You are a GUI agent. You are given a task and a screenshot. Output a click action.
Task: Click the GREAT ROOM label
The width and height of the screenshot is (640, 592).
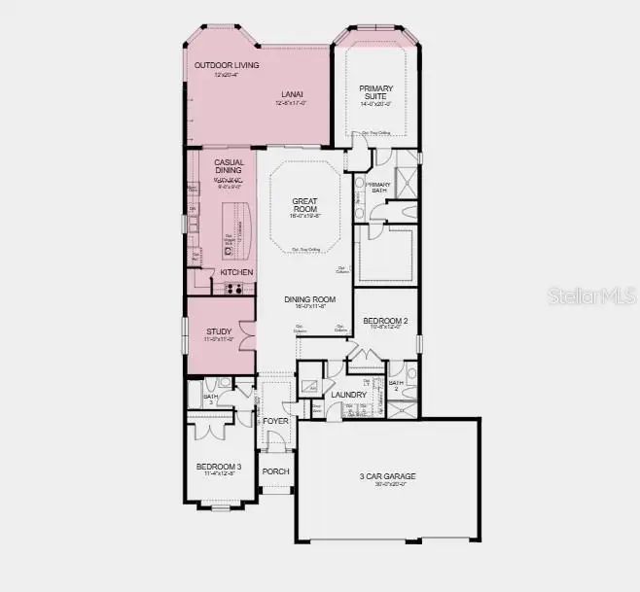(305, 206)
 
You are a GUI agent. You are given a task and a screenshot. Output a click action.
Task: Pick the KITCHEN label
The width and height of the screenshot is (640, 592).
(236, 272)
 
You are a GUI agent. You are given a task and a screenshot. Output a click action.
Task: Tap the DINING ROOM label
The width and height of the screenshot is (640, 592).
(310, 300)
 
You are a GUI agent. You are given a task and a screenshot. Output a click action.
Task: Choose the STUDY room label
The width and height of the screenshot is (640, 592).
(219, 332)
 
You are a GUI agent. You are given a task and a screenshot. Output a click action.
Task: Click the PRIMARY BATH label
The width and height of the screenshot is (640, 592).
(377, 188)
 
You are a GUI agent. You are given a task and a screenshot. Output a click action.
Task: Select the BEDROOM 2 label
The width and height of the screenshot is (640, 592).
(385, 320)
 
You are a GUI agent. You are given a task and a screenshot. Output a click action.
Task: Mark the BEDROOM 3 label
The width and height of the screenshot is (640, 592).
(219, 468)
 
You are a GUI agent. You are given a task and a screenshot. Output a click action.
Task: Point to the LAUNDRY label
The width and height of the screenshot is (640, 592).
(347, 395)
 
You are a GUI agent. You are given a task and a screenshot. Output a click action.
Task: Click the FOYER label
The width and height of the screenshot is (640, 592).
(276, 421)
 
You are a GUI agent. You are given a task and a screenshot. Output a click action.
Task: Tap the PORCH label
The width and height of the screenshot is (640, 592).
(276, 470)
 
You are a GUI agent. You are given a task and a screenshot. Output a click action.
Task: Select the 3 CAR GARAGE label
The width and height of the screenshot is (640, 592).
(387, 475)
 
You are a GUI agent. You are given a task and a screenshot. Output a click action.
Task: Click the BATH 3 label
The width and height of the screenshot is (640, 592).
(210, 398)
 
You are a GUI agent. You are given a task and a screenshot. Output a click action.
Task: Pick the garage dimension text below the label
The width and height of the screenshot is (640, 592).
(387, 484)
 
